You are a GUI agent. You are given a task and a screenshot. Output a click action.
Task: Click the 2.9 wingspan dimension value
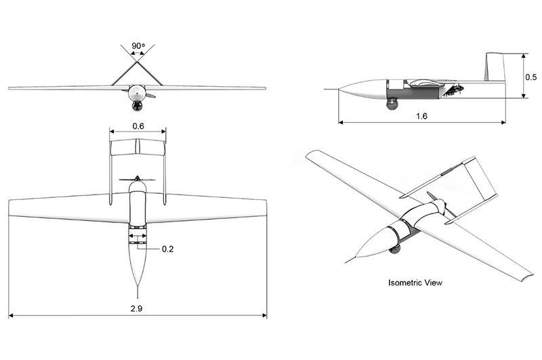pyautogui.click(x=138, y=308)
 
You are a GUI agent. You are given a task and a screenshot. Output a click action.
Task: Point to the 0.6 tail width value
pyautogui.click(x=138, y=126)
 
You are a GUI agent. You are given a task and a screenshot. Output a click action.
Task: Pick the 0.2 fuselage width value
pyautogui.click(x=167, y=249)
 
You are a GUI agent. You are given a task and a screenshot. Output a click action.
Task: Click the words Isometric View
pyautogui.click(x=415, y=281)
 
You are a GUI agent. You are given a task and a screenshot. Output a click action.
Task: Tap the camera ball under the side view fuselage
pyautogui.click(x=392, y=104)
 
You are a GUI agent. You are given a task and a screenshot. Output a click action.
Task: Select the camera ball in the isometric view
pyautogui.click(x=395, y=249)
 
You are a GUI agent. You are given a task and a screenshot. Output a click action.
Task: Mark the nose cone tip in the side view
pyautogui.click(x=339, y=89)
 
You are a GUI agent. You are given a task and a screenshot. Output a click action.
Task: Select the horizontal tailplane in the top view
pyautogui.click(x=138, y=147)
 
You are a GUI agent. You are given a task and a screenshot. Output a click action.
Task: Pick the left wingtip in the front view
pyautogui.click(x=11, y=89)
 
